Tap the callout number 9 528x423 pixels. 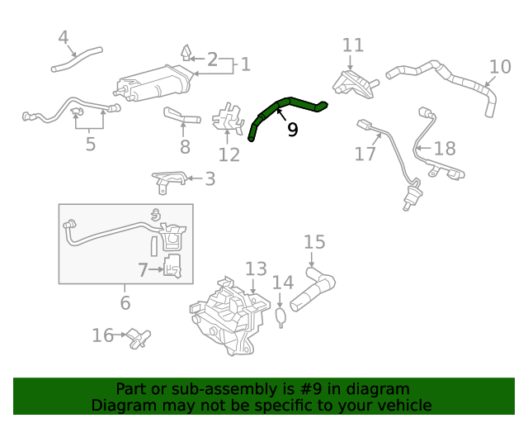point(292,130)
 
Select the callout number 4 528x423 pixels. point(64,37)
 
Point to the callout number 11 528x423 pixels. point(352,45)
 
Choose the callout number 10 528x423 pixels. point(500,66)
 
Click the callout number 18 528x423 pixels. point(445,148)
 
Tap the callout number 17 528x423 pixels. point(365,153)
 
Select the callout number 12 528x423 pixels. point(229,154)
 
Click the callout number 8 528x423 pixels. point(185,147)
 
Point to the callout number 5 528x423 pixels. point(90,145)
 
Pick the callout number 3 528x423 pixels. point(210,178)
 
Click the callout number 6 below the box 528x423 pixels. point(125,302)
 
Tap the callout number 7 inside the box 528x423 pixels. point(143,269)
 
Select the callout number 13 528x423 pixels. point(256,269)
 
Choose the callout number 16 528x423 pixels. point(103,335)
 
